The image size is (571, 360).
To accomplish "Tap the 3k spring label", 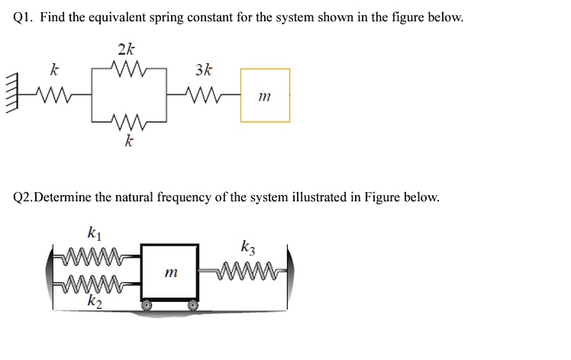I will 205,71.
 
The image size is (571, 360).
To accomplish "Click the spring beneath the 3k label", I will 205,95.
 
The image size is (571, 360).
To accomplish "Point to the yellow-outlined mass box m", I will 265,95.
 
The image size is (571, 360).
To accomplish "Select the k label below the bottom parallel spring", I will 129,142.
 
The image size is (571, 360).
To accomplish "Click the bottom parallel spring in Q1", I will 127,121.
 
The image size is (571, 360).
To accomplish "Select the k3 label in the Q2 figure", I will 248,246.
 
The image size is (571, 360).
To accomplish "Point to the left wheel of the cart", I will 147,304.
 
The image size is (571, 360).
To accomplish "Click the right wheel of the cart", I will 194,304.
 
